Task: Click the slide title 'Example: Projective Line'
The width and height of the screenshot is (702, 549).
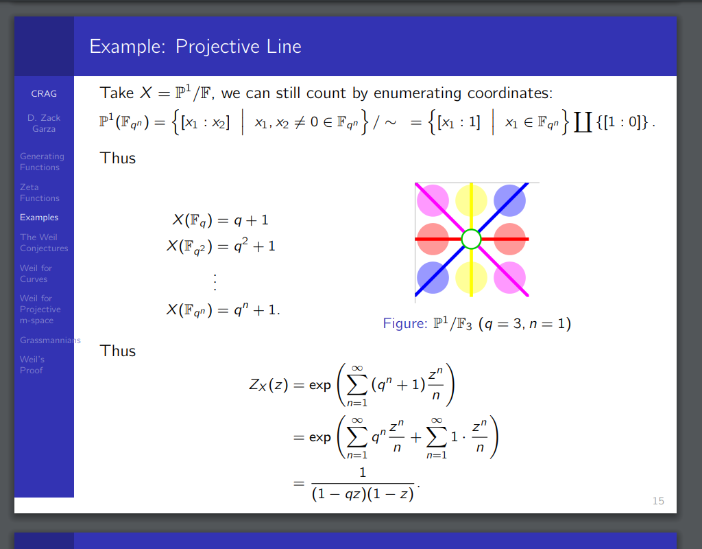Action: click(195, 47)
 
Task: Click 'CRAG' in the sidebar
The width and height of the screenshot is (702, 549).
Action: click(44, 93)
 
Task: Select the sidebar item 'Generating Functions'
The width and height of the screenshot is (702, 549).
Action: click(42, 162)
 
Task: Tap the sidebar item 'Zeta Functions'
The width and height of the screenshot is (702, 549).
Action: click(39, 193)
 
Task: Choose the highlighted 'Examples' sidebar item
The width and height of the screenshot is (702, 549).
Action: click(39, 218)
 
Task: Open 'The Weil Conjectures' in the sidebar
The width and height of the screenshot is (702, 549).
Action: click(44, 242)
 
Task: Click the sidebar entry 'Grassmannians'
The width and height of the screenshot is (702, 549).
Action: click(50, 340)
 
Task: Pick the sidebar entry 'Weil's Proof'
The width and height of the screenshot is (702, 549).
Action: click(32, 365)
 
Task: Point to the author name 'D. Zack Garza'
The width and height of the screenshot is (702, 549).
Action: click(44, 124)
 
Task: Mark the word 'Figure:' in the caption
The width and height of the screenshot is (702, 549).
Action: click(405, 324)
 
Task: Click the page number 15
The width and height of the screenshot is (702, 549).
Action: click(658, 501)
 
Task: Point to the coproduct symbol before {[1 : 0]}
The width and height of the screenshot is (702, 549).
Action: click(583, 122)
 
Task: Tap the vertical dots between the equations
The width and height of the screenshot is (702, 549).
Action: click(215, 282)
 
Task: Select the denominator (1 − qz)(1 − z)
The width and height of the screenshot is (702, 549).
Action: click(363, 494)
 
